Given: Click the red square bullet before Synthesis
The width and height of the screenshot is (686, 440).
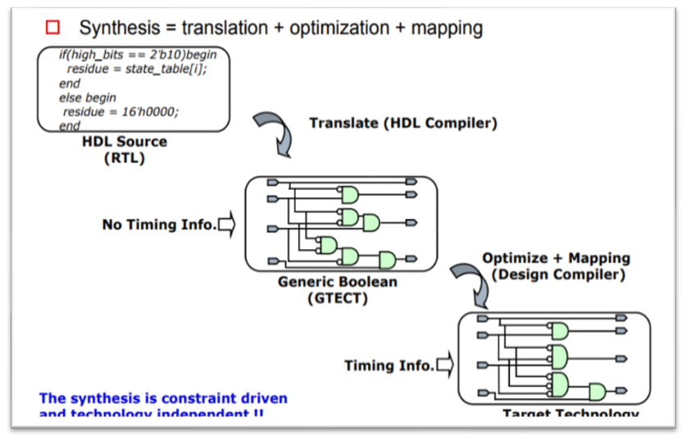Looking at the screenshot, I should [53, 28].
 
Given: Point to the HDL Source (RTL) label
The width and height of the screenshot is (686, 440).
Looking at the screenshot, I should [124, 149].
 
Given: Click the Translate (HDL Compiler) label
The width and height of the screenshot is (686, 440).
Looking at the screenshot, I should [402, 124].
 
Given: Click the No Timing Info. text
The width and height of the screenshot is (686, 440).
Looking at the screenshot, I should [159, 224].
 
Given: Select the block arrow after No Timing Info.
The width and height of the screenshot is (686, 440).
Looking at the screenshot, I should [226, 224].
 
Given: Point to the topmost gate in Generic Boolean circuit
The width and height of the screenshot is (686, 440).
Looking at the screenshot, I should [350, 196].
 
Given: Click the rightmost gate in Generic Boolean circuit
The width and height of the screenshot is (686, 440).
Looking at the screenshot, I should [387, 261].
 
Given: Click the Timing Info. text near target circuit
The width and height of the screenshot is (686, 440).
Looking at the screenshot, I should [388, 365].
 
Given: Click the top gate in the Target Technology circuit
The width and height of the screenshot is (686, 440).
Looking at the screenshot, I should [561, 330].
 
